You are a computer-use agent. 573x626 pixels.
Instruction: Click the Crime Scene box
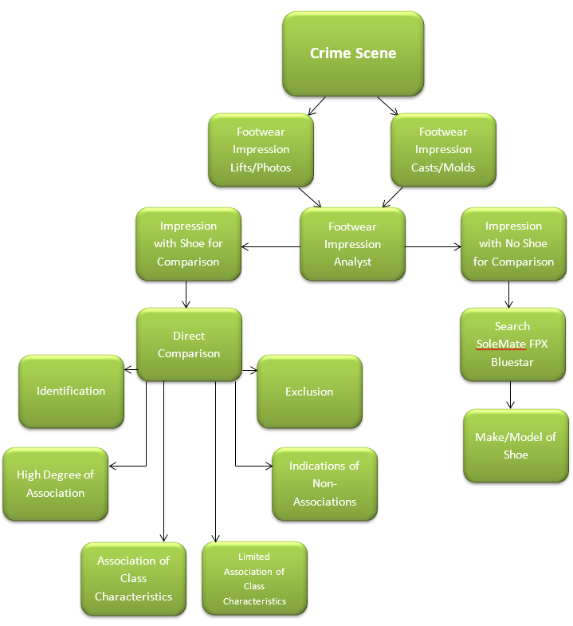(x=352, y=53)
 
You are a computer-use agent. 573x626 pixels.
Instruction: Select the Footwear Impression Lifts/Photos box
(x=261, y=150)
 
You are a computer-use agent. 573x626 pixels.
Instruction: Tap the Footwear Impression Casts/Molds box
(x=443, y=150)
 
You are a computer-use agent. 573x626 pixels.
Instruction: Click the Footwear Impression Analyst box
(x=352, y=244)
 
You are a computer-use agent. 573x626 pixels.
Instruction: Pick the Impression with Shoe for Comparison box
(x=188, y=244)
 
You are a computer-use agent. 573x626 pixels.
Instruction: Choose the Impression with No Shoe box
(x=513, y=244)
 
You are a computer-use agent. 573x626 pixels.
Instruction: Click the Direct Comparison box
(x=189, y=344)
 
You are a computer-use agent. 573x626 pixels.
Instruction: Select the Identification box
(x=71, y=392)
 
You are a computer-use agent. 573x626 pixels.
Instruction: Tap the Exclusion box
(x=309, y=392)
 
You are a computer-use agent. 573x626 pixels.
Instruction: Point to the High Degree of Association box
(x=55, y=484)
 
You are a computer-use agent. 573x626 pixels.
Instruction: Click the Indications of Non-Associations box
(x=324, y=484)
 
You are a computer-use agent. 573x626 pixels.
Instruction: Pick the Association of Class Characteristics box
(x=133, y=579)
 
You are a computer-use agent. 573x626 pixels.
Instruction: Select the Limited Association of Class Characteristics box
(x=254, y=579)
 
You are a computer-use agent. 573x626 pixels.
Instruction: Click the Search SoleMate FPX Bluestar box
(x=512, y=344)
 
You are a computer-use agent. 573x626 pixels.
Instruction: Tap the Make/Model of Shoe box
(x=516, y=446)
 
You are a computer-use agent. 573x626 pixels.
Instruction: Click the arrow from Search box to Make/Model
(x=511, y=395)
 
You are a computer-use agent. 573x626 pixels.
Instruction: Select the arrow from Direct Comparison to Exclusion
(x=249, y=369)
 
